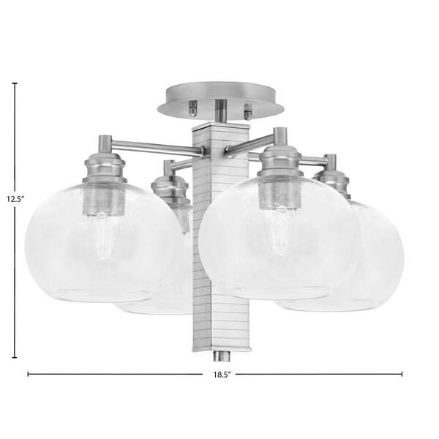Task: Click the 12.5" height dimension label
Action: [x=16, y=199]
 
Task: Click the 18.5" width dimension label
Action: [x=222, y=375]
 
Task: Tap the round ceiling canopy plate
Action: [x=221, y=99]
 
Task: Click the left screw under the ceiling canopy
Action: [x=193, y=108]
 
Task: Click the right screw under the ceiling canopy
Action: [x=248, y=112]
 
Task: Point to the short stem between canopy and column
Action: [x=221, y=111]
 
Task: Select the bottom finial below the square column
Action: [x=222, y=356]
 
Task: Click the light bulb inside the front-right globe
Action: [x=278, y=231]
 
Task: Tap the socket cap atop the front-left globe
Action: [x=105, y=168]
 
